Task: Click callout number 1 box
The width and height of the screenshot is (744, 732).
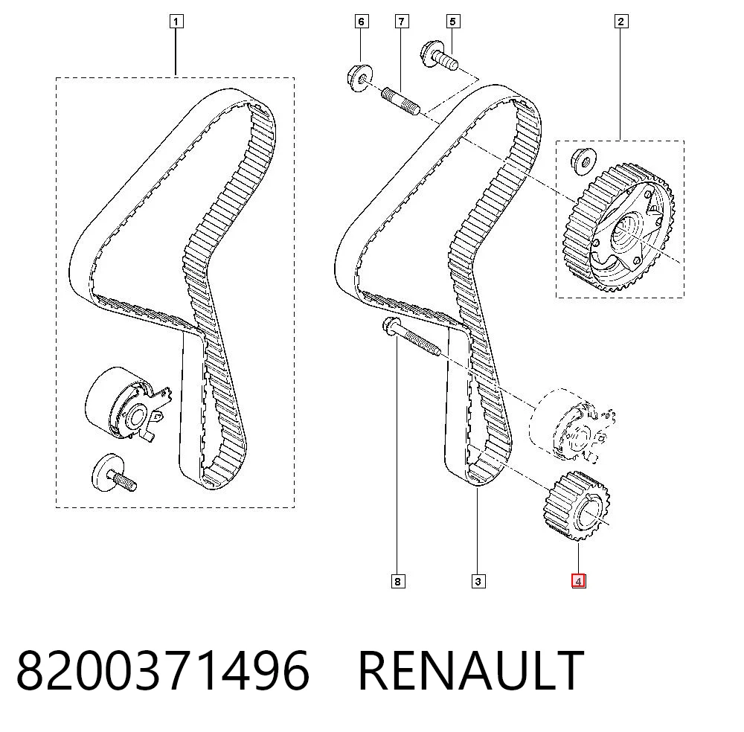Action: [x=176, y=22]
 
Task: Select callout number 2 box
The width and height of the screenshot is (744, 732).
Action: [x=621, y=22]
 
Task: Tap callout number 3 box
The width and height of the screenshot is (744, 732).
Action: [x=478, y=581]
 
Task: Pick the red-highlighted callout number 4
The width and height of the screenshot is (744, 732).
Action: [x=578, y=581]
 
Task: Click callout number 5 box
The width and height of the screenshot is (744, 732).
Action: [x=452, y=22]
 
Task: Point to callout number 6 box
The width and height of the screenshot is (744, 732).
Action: [x=361, y=22]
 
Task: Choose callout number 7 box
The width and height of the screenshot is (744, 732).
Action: [x=402, y=22]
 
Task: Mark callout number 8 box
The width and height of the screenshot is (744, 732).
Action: [x=397, y=581]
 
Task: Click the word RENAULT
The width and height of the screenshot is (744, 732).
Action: [x=471, y=670]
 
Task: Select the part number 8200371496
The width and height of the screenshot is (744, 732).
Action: [x=163, y=670]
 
